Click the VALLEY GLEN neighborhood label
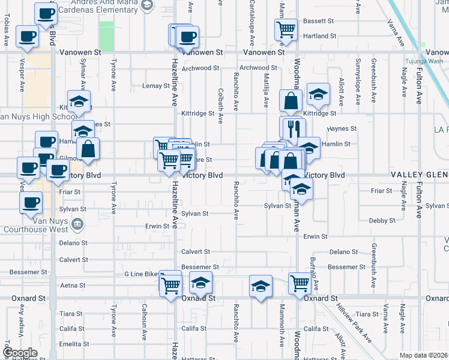[x=420, y=175]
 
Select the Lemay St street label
[x=155, y=86]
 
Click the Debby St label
[x=382, y=221]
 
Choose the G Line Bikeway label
[x=142, y=274]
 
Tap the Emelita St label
[x=74, y=344]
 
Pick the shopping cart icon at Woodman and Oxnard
[x=300, y=283]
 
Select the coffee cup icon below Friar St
[x=31, y=202]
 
